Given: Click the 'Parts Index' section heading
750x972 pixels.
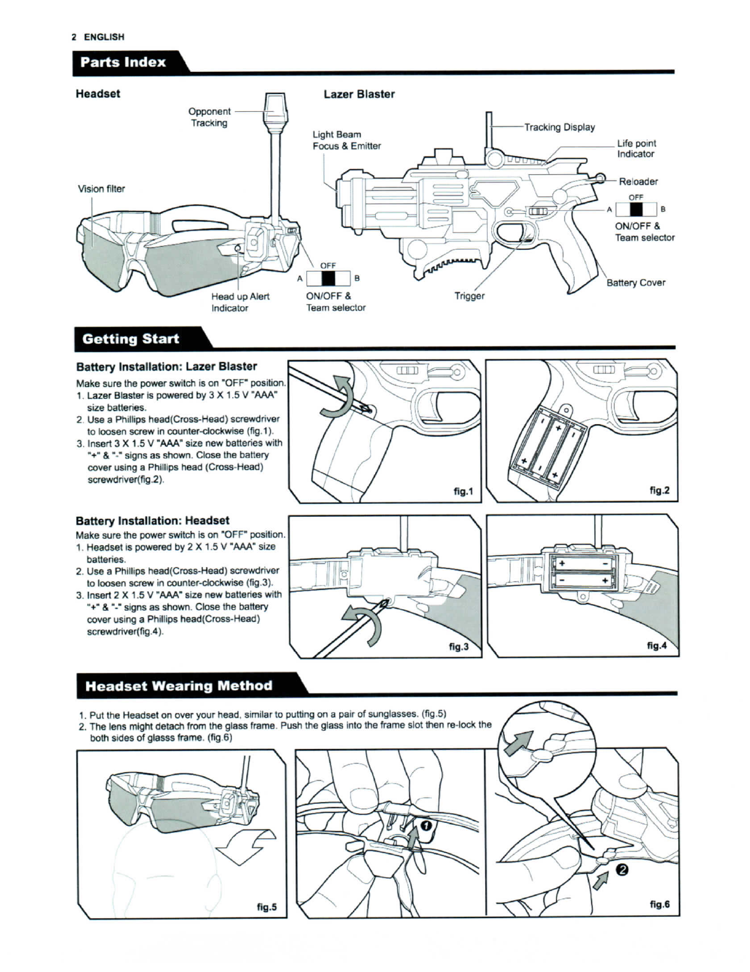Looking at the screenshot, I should click(123, 62).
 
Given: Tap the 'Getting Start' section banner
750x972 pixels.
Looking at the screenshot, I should click(131, 339).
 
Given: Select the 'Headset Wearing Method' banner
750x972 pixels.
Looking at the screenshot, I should click(178, 686).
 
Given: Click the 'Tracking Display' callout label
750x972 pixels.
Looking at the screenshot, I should click(559, 127).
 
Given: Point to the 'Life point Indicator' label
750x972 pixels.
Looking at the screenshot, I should click(636, 148).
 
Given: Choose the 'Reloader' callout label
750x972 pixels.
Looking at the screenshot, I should click(638, 182).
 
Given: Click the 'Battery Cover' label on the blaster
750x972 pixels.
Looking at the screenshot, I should click(636, 283).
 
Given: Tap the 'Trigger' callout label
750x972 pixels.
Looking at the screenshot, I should click(469, 296).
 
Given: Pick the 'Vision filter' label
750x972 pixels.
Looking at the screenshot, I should click(101, 189).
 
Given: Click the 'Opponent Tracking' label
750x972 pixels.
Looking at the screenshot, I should click(209, 117).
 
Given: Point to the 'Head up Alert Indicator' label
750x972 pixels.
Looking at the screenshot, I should click(240, 302).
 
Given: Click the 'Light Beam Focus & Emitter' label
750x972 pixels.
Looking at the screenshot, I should click(347, 140).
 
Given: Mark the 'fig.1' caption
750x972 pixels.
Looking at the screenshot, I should click(463, 491).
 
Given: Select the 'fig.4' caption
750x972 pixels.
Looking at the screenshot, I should click(657, 646).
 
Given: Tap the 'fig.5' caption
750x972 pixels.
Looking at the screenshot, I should click(267, 907).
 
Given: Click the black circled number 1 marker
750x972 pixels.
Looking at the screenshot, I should click(426, 825).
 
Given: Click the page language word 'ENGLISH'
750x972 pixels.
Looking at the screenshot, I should click(104, 37).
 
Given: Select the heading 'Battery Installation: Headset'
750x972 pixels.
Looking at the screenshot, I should click(152, 521).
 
